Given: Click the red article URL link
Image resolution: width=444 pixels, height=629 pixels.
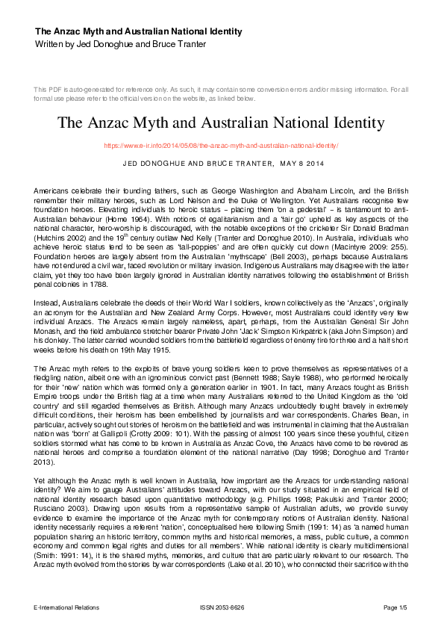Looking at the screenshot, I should (x=222, y=146).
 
